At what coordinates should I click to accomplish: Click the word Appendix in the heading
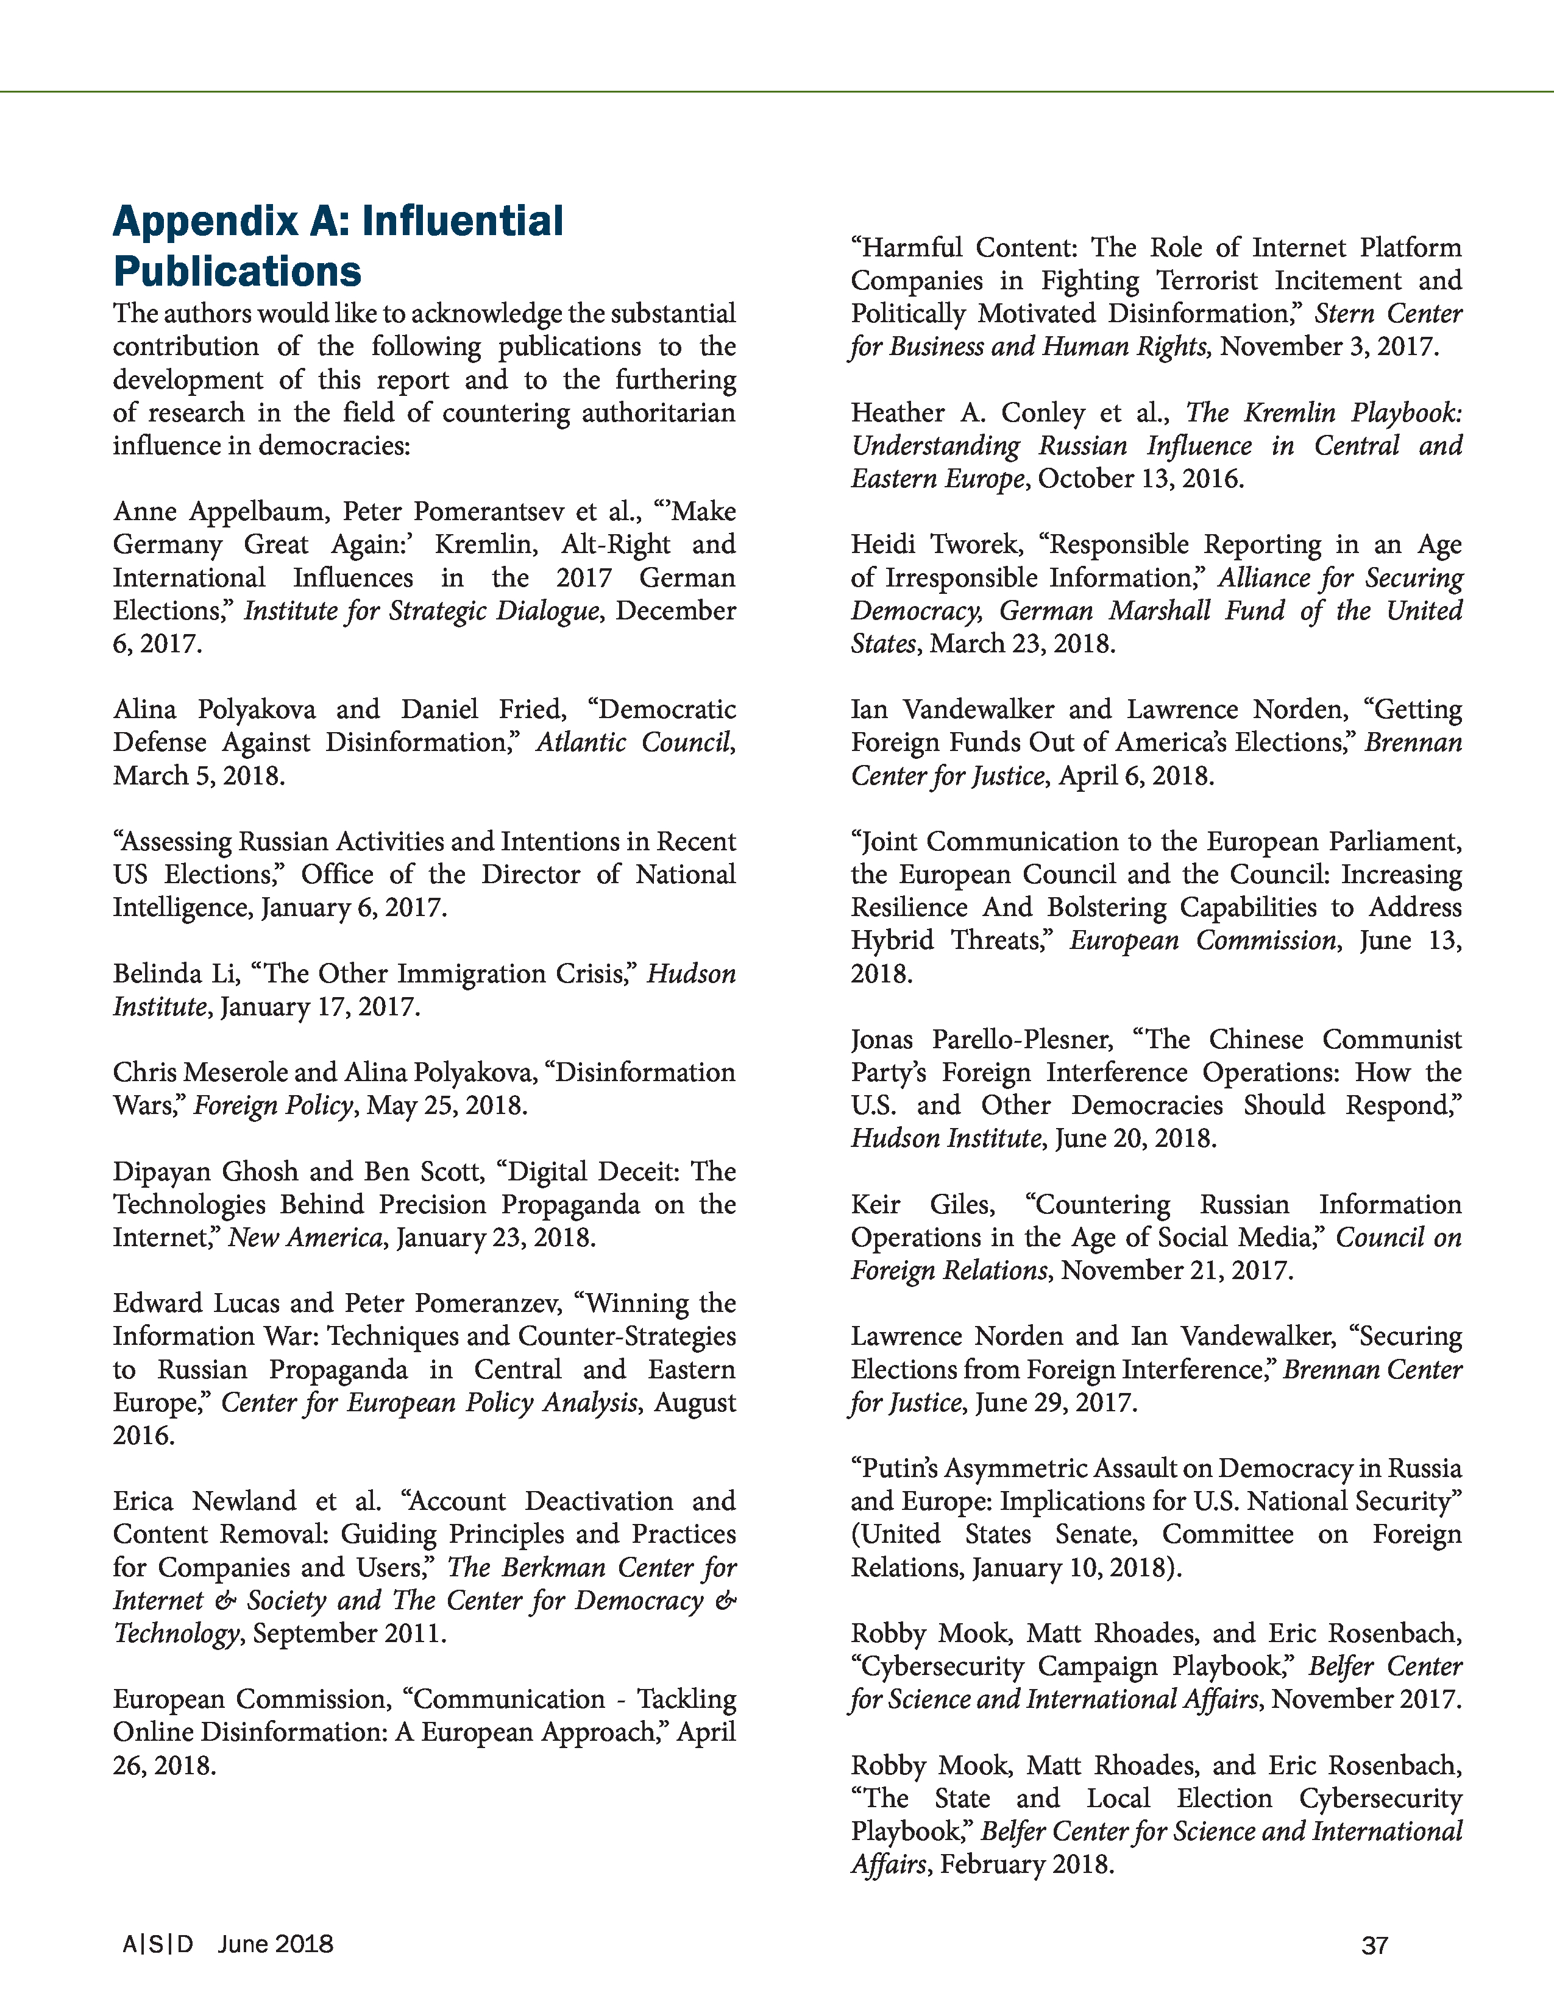204,222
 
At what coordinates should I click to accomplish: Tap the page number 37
1374,1945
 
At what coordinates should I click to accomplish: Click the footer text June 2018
275,1944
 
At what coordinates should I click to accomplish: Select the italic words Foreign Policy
272,1104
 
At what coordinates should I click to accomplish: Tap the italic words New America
305,1237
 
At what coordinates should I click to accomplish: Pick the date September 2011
349,1632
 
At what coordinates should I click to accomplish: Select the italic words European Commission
1203,940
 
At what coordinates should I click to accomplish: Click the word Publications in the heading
238,272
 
